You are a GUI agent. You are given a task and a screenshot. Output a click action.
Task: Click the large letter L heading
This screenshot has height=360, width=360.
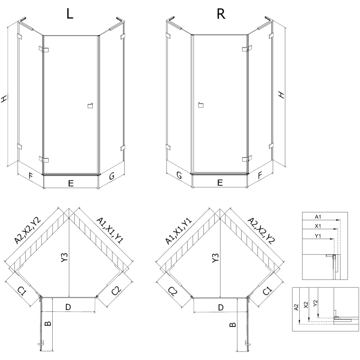click(69, 14)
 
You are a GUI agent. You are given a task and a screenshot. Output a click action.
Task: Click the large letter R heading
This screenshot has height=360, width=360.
click(220, 14)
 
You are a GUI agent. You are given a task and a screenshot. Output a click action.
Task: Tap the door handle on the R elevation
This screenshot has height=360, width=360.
click(200, 106)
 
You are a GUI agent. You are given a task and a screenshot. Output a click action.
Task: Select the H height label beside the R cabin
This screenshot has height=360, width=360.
click(281, 95)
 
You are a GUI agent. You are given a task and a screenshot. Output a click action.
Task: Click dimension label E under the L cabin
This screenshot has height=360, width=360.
click(71, 183)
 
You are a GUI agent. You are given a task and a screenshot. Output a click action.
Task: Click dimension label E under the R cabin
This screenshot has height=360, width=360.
click(220, 183)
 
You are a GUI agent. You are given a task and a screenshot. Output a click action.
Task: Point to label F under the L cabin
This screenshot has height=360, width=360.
click(30, 176)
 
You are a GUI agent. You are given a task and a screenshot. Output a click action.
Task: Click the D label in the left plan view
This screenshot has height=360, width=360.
click(68, 307)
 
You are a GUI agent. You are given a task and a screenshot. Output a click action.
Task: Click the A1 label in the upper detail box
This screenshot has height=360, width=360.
click(318, 216)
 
